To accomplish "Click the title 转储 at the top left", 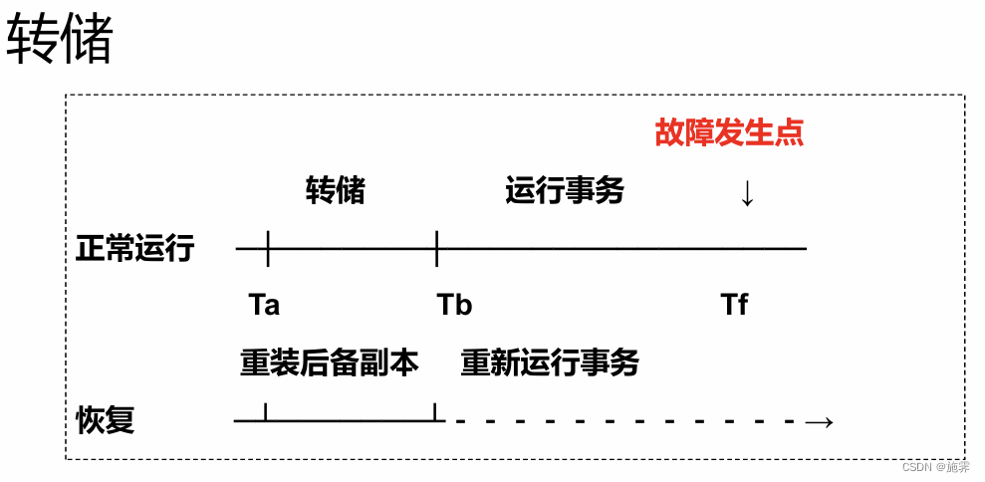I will [x=60, y=42].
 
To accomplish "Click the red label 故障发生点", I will [x=729, y=133].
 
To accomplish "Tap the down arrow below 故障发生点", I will [x=747, y=192].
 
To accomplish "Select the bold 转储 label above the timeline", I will [x=335, y=190].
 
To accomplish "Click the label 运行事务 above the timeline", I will [x=565, y=190].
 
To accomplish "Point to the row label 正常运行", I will [x=134, y=249].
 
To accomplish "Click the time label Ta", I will [x=264, y=305].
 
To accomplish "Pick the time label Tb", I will [x=454, y=305].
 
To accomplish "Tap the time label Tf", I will [x=734, y=305].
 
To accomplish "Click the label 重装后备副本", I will [x=329, y=362].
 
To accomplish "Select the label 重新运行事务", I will [x=550, y=362].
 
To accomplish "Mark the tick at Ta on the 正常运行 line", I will [x=268, y=247].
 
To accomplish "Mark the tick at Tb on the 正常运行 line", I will [x=436, y=247].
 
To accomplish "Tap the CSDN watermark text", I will [x=935, y=467].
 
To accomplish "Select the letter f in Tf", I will [x=742, y=305].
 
